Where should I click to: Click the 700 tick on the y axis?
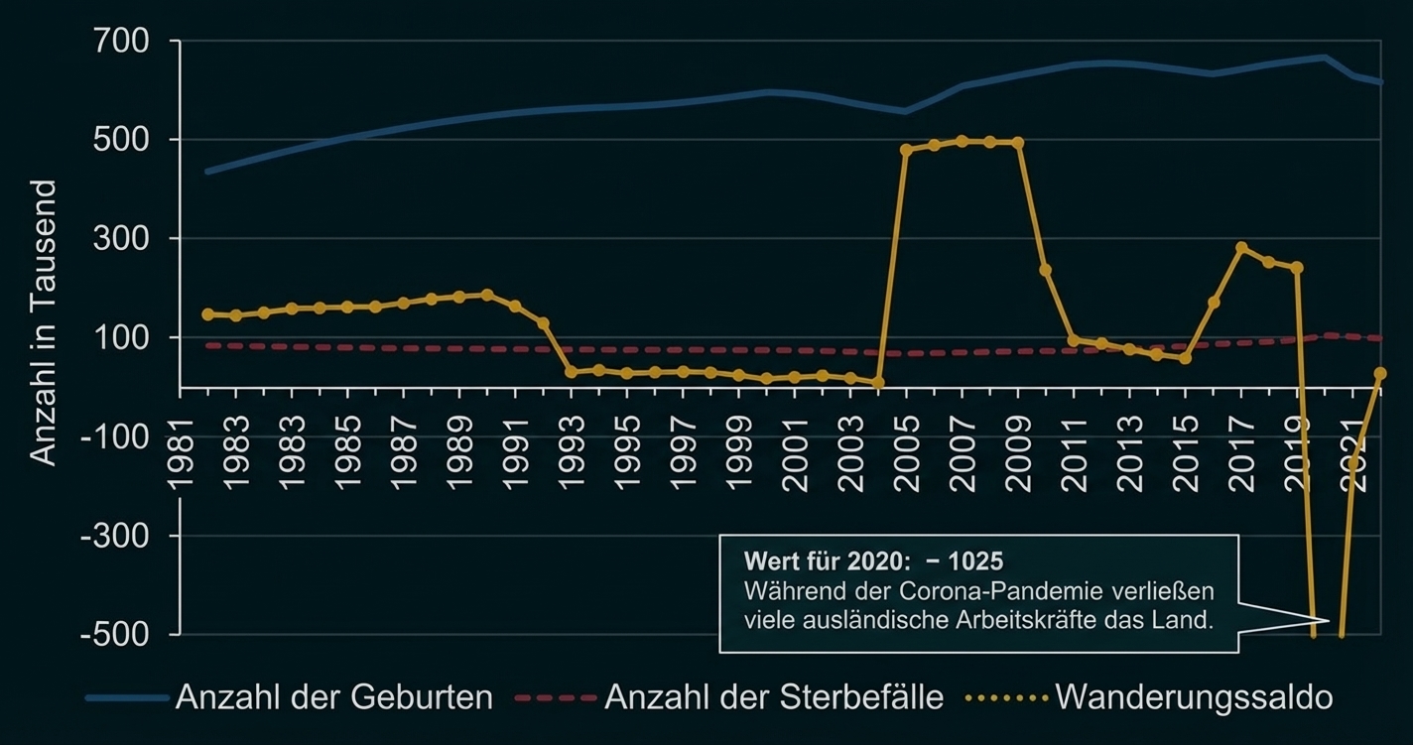[122, 42]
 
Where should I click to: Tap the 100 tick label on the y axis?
[122, 338]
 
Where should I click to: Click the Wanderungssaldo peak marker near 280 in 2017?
[1241, 248]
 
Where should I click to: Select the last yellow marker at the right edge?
[1379, 374]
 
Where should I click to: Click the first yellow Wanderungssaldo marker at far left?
[208, 314]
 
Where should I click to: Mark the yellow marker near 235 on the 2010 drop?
[1046, 270]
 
